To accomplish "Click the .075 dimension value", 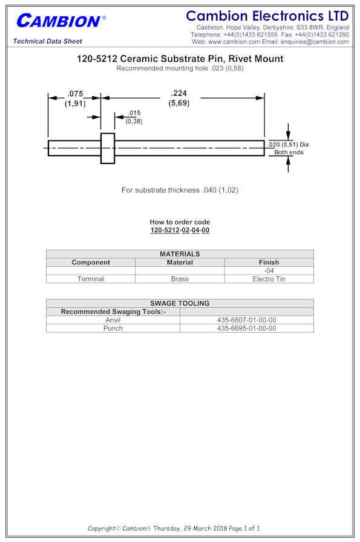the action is tap(75, 94).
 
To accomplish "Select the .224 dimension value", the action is tap(178, 93).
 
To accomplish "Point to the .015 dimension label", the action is tap(134, 113).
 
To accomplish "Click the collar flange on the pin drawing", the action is tap(108, 148).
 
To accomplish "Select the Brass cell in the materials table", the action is tap(180, 279).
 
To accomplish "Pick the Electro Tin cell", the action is tap(269, 279).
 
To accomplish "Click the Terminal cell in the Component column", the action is tap(91, 279).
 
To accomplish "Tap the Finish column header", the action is tap(269, 263).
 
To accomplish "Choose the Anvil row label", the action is tap(113, 320).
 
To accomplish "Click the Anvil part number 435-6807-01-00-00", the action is tap(247, 320).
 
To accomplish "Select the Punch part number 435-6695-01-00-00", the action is tap(247, 328).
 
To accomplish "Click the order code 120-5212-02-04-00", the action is tap(180, 230).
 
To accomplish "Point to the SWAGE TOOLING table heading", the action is tap(180, 303).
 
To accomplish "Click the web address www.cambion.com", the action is tap(234, 42).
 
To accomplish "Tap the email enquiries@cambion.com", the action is tap(315, 42).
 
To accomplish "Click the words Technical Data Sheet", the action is tap(48, 41).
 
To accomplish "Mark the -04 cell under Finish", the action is tap(269, 270).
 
